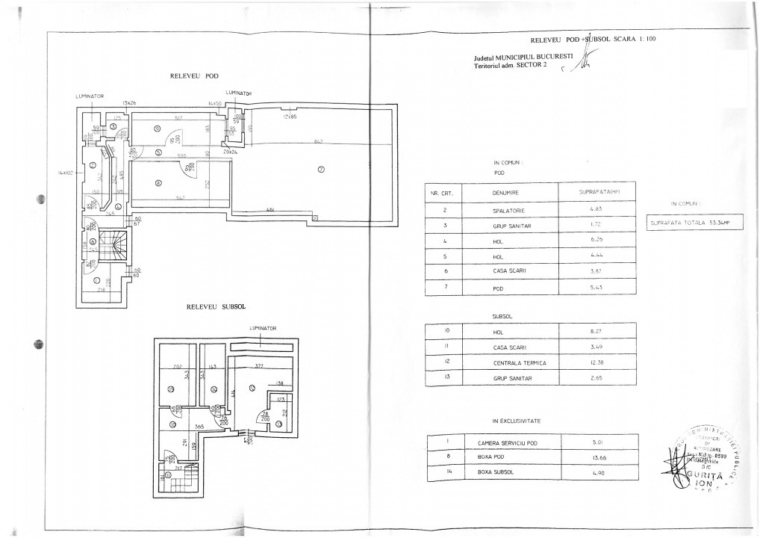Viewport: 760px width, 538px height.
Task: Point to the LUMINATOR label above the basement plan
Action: [264, 328]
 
